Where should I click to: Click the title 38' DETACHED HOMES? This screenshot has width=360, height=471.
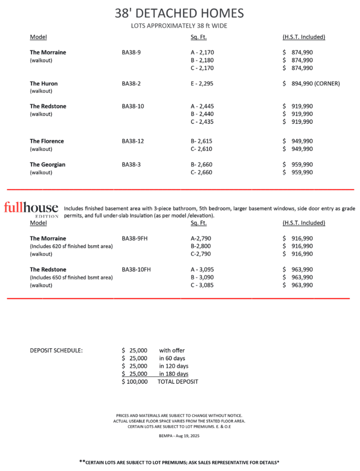point(179,13)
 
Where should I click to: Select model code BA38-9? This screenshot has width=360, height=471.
point(131,53)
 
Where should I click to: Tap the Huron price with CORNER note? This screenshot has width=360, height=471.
point(311,84)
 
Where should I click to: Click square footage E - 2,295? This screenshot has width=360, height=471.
point(202,84)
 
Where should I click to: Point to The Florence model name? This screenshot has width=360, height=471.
point(47,141)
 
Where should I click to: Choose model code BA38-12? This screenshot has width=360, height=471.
point(133,141)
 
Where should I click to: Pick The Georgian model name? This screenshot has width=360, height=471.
point(47,165)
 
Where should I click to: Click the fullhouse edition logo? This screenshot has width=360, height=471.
point(31,209)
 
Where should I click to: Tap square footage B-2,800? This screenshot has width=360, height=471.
point(201,246)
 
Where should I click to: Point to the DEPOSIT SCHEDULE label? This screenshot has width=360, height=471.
point(56,351)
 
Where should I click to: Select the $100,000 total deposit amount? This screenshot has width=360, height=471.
point(135,382)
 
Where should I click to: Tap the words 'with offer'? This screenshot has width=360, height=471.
point(172,351)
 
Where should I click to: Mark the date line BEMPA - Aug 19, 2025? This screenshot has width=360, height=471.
point(179,436)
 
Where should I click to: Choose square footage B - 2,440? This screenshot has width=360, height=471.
point(202,114)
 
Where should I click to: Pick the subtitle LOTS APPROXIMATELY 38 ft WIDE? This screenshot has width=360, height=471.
point(179,26)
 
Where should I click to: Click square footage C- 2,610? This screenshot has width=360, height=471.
point(202,149)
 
